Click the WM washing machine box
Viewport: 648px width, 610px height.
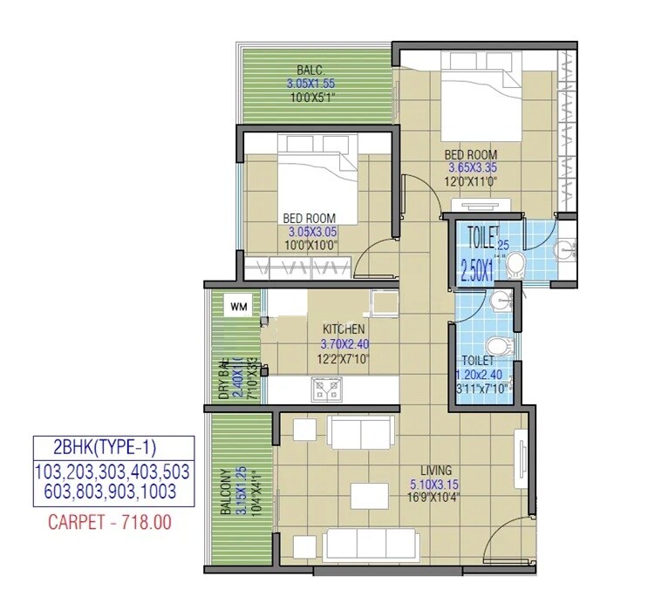(237, 306)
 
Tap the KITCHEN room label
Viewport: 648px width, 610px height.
(344, 329)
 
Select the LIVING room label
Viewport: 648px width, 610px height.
(433, 469)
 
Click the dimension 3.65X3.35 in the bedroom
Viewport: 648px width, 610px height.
(472, 168)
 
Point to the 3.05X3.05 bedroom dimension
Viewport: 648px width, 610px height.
(312, 233)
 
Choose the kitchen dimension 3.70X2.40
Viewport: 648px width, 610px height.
(344, 342)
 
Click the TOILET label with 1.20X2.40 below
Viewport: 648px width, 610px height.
(478, 360)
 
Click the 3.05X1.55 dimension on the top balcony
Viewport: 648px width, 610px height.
(310, 84)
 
